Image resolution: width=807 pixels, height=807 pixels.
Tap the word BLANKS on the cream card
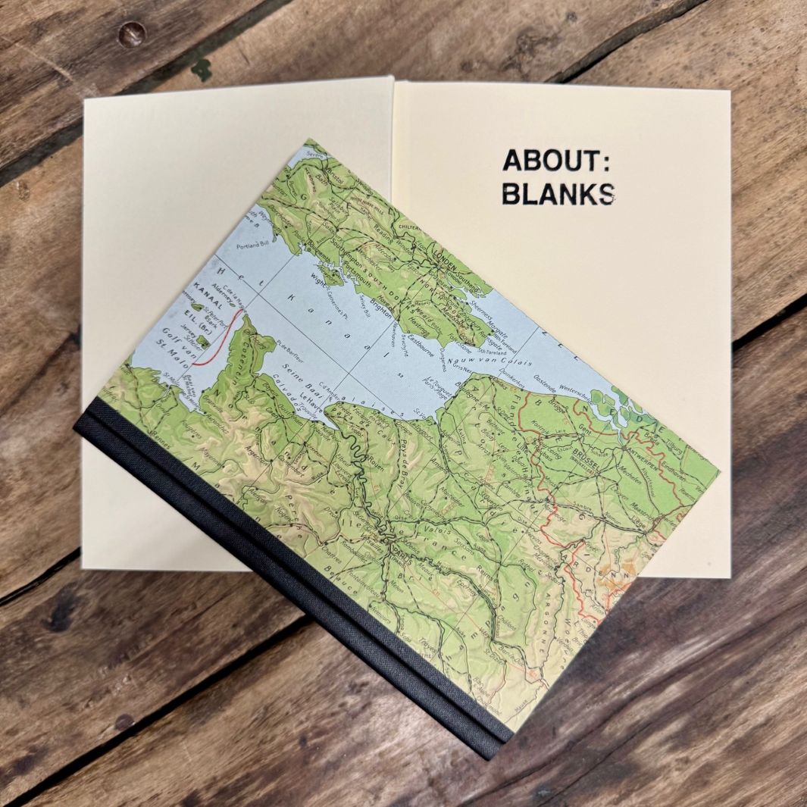[558, 194]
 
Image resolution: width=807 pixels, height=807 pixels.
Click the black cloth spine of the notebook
[288, 583]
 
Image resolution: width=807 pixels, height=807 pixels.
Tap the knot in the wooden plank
[133, 31]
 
